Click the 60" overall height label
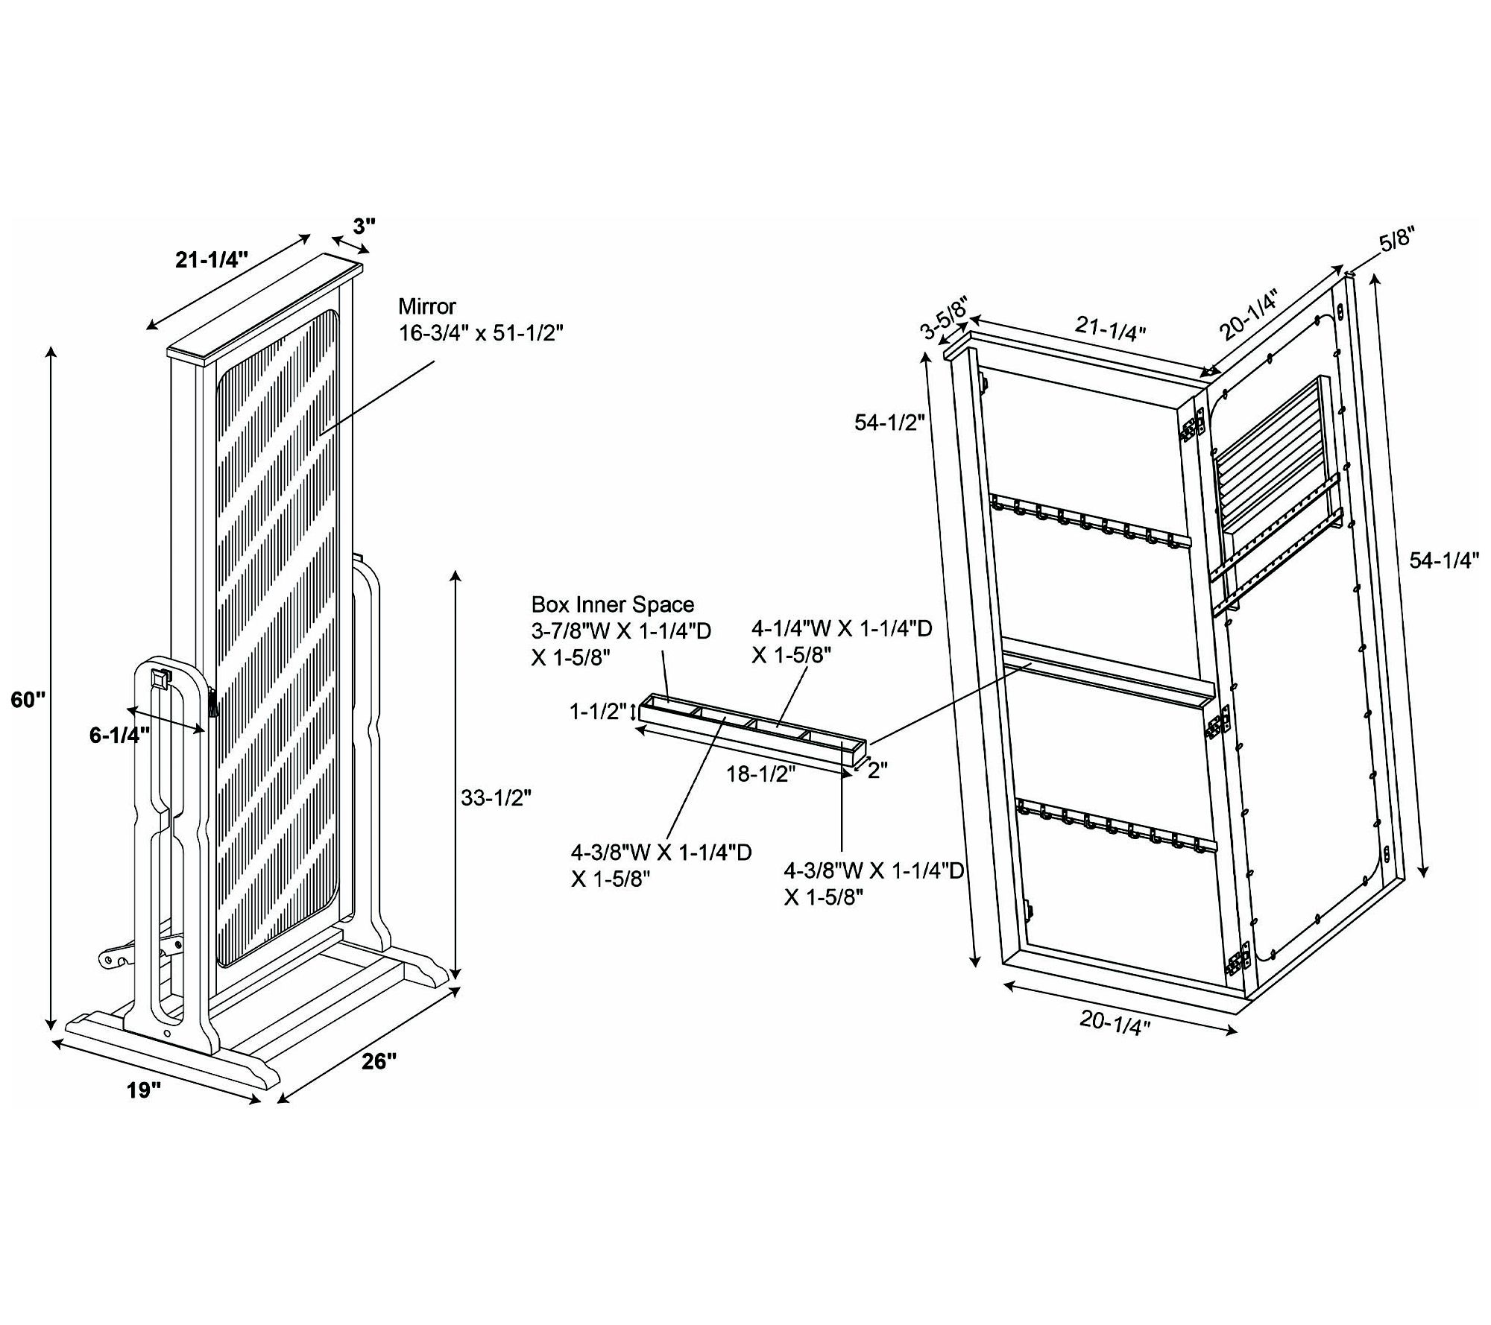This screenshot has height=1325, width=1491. [28, 701]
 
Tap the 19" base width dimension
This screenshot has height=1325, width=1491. [144, 1091]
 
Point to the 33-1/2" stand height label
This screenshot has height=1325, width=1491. [496, 798]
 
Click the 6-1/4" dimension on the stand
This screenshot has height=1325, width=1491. [119, 735]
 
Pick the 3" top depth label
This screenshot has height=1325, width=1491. [364, 226]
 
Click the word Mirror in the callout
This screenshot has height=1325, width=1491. [427, 306]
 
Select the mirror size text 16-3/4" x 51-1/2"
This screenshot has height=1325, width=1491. [480, 332]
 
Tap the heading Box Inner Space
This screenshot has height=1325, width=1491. [613, 604]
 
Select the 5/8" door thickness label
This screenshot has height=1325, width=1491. [1396, 244]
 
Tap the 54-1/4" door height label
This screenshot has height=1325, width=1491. [1444, 560]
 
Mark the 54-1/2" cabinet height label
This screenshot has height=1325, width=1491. [889, 423]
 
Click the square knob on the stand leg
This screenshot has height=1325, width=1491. [160, 679]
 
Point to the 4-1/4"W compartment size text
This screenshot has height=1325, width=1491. [842, 642]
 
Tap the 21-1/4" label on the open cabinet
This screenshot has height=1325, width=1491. [1110, 328]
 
